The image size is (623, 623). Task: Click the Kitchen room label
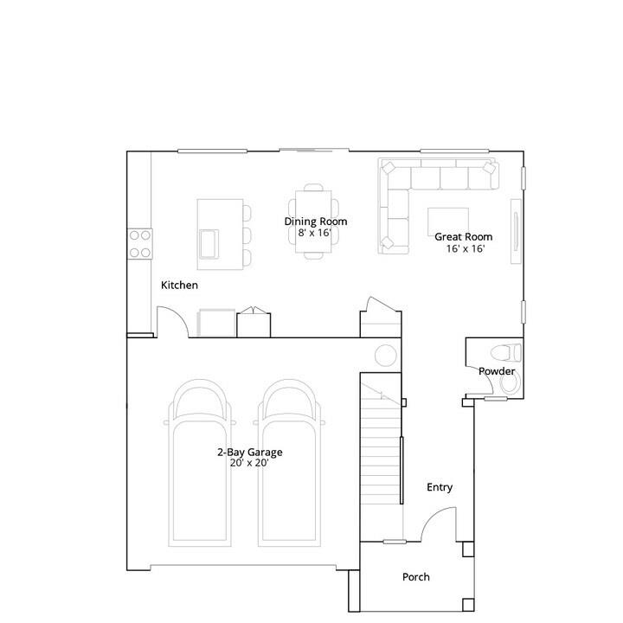click(x=179, y=285)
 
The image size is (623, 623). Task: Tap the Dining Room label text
click(x=316, y=222)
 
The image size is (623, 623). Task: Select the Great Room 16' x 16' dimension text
click(x=466, y=248)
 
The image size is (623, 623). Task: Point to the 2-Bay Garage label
click(x=249, y=452)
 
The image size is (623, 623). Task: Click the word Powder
click(x=497, y=371)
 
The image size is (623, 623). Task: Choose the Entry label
click(x=440, y=487)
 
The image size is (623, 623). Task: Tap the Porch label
click(x=416, y=577)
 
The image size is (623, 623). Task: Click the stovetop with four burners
click(x=140, y=244)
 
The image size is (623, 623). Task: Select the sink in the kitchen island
click(x=209, y=243)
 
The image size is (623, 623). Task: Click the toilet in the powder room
click(x=506, y=352)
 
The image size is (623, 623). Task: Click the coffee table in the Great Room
click(x=448, y=222)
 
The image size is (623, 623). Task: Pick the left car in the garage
click(x=200, y=463)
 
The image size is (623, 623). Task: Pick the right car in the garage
click(x=289, y=463)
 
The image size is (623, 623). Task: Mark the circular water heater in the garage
click(x=386, y=356)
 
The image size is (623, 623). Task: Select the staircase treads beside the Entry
click(x=381, y=457)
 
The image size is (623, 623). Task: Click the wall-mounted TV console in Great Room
click(x=516, y=231)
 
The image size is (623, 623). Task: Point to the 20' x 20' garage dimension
click(x=249, y=463)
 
